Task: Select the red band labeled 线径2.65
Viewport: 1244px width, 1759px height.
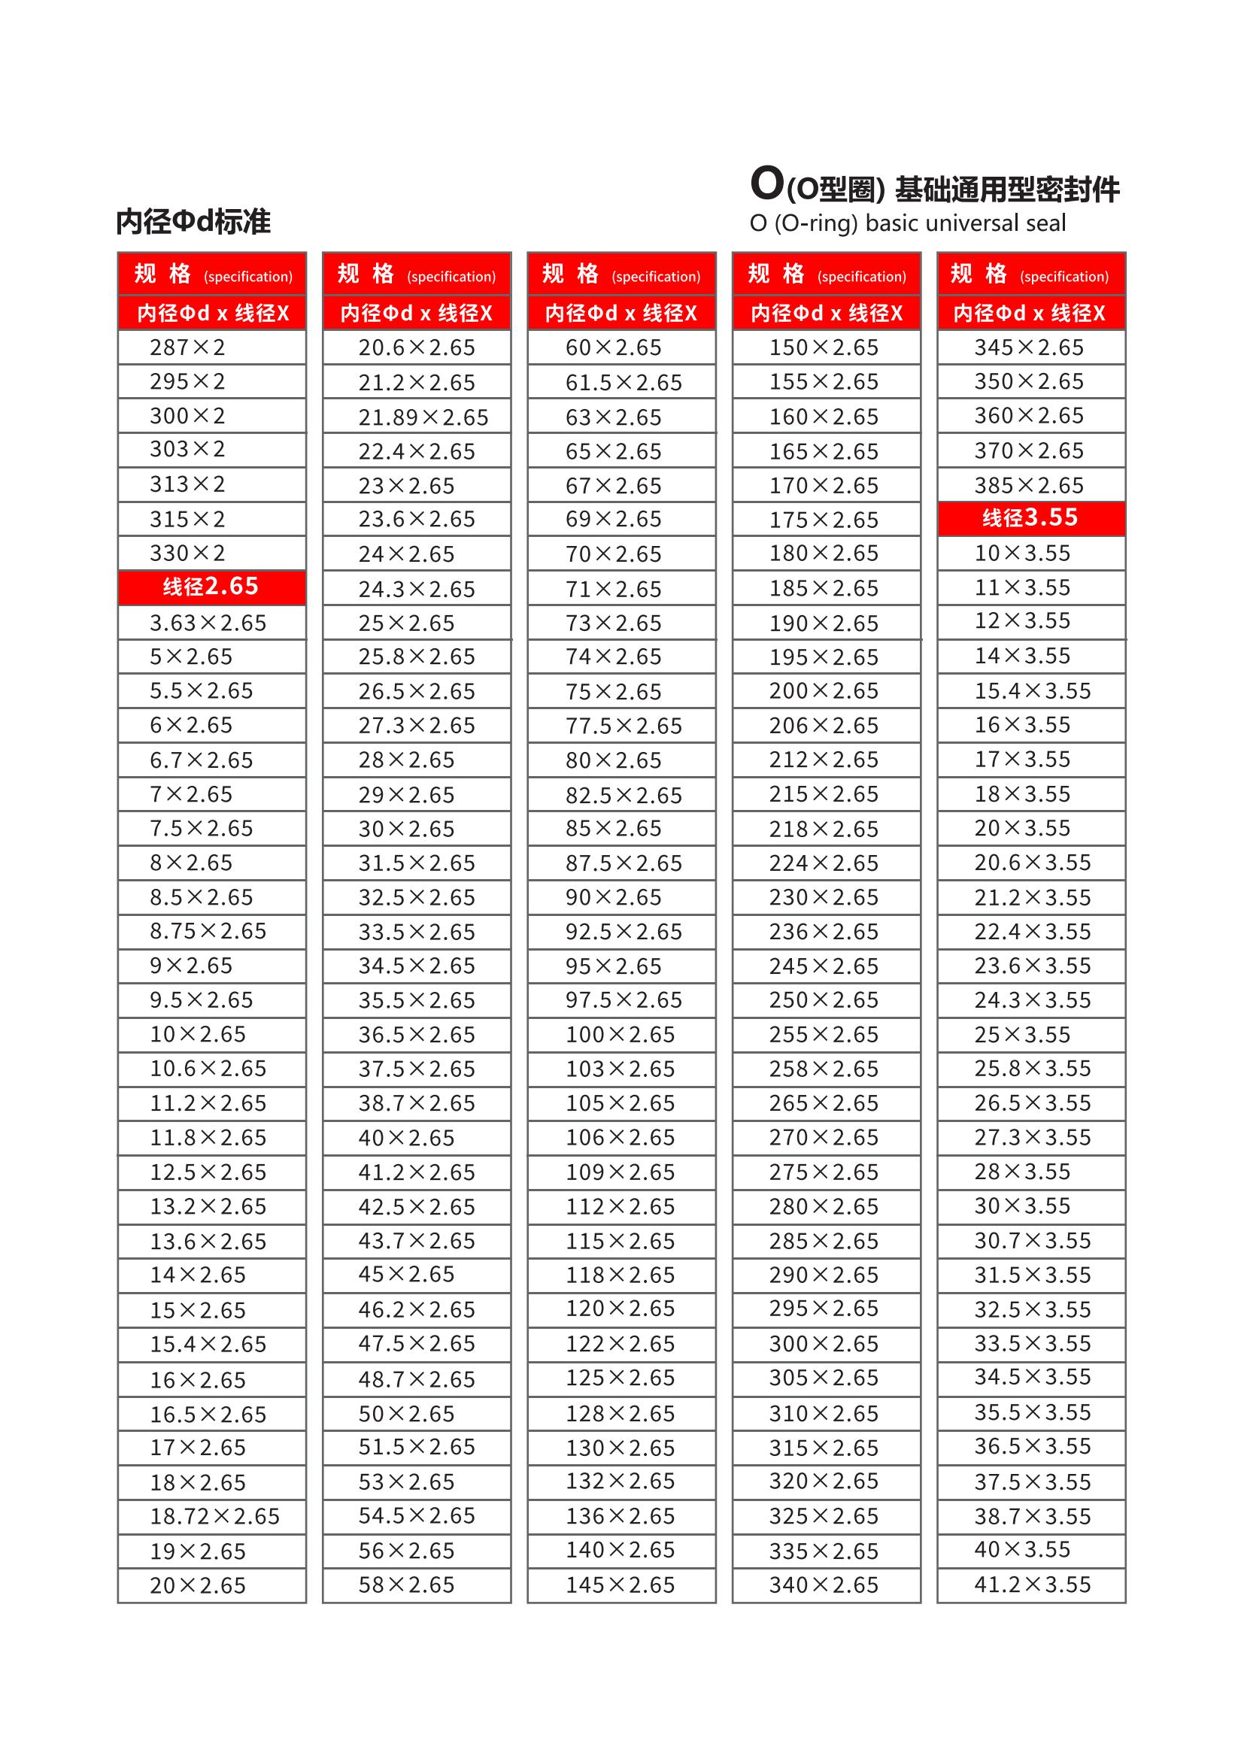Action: click(211, 587)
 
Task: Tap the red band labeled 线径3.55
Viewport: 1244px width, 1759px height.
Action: click(1030, 518)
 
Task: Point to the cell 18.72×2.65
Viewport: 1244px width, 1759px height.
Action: click(214, 1516)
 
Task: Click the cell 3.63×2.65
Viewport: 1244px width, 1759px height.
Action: click(208, 623)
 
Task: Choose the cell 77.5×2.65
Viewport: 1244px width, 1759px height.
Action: click(624, 726)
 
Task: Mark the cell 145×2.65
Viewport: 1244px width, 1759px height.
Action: click(620, 1585)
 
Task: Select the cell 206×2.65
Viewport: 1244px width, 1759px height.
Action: click(824, 726)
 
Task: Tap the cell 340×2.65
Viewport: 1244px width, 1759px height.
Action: click(824, 1585)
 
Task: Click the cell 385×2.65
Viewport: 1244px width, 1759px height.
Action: click(1029, 485)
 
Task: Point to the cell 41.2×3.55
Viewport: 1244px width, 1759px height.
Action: click(1032, 1585)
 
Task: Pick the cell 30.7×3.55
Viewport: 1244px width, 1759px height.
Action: click(1032, 1240)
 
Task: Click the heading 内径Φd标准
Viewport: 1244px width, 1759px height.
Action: click(194, 221)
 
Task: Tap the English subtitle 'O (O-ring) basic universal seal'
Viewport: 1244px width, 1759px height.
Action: click(908, 223)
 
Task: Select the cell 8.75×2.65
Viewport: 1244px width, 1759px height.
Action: click(208, 931)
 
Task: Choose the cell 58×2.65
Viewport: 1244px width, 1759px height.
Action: click(406, 1585)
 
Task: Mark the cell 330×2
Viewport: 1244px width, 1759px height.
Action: click(188, 553)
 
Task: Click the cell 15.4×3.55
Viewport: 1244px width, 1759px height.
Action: click(1032, 691)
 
